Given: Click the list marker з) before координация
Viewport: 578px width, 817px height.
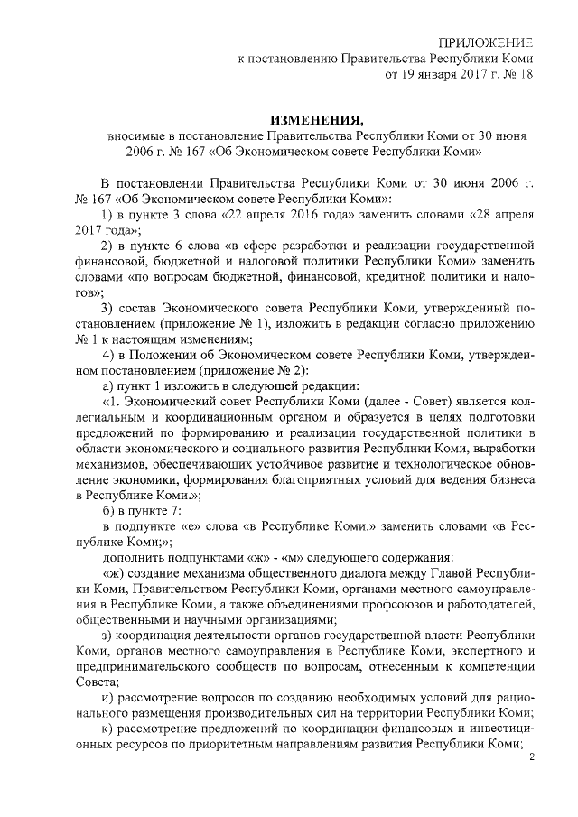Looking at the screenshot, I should click(109, 635).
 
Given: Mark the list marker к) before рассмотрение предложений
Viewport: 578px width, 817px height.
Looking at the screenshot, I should click(109, 729).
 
